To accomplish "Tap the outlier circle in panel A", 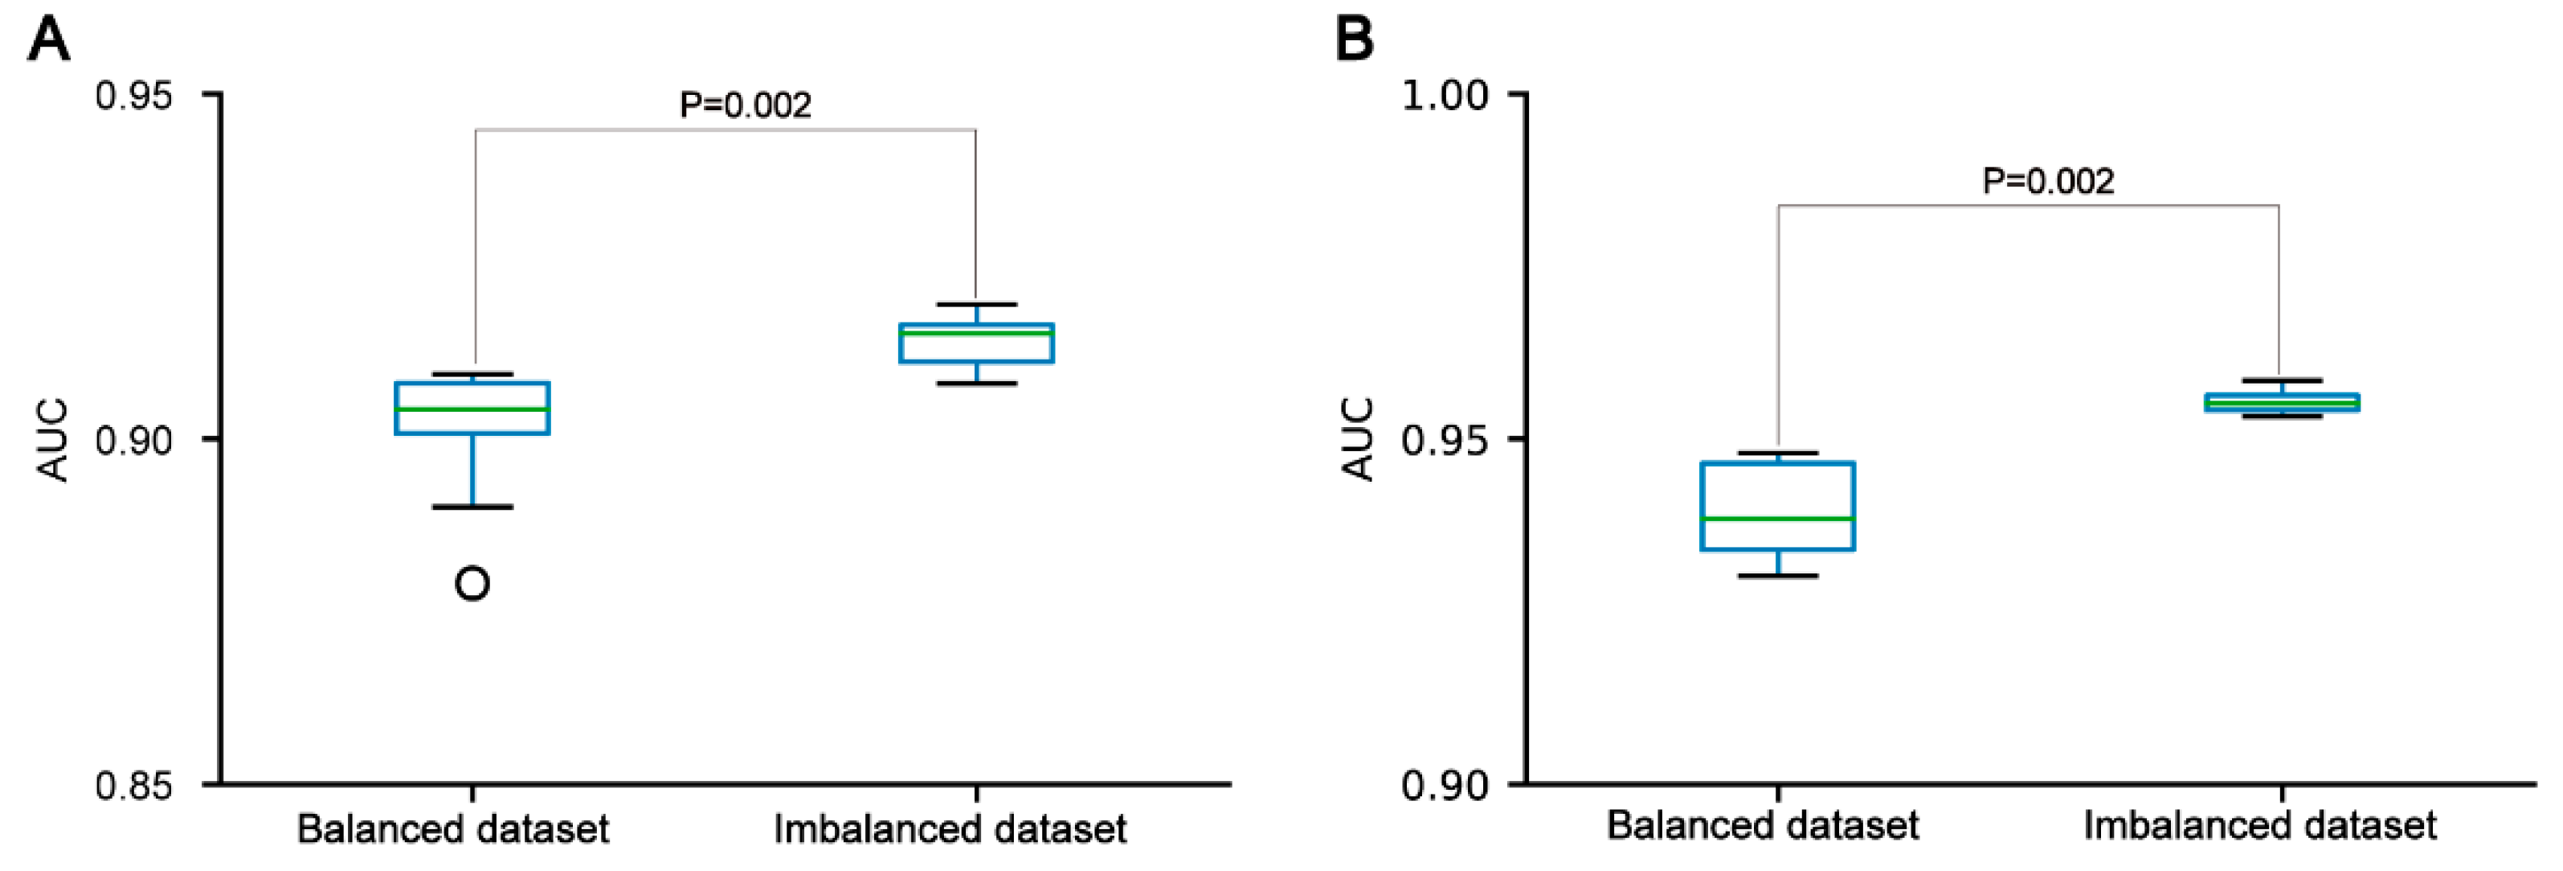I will pos(472,583).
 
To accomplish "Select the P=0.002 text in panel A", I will pos(746,105).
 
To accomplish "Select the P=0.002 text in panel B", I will pos(2048,181).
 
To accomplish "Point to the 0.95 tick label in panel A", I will pos(133,97).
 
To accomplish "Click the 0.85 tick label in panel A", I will pos(133,786).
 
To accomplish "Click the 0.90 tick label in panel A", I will pos(133,440).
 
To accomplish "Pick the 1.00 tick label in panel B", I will pos(1445,97).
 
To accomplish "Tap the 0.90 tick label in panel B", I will pos(1445,786).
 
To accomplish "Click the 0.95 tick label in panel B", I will pos(1445,440).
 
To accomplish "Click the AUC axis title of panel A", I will pos(53,440).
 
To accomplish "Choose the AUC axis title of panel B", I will pos(1358,440).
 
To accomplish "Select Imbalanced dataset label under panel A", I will pos(950,829).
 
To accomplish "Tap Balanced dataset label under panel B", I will pos(1762,825).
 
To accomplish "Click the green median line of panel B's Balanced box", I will pos(1778,519).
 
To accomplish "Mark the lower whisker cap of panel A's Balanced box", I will pos(472,507).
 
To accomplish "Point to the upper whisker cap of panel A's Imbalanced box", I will pos(976,304).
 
